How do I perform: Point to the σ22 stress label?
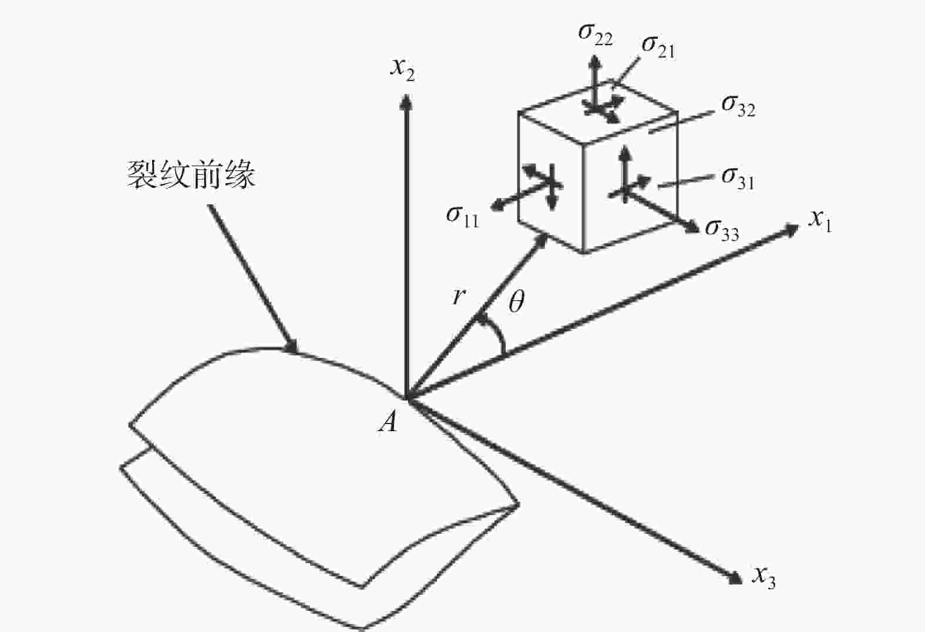pos(595,34)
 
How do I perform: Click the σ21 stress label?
pos(658,46)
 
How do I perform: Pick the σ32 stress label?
pos(738,106)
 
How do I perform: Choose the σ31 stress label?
pos(738,177)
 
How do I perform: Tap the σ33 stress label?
pos(722,229)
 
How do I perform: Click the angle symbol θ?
pos(516,302)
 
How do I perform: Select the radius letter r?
pos(458,297)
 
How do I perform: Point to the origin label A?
pos(388,421)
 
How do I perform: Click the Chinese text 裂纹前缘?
pos(191,175)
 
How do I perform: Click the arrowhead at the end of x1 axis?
pos(792,228)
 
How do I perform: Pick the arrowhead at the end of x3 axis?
pos(735,578)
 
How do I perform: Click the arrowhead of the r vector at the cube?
pos(542,240)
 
